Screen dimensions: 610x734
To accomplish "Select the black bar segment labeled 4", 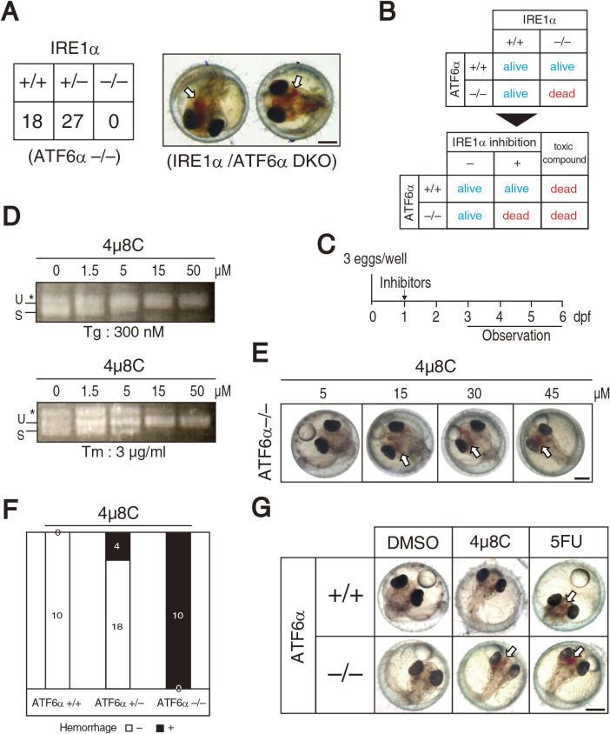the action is point(116,545).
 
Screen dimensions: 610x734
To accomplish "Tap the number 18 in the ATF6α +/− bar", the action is point(116,623).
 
